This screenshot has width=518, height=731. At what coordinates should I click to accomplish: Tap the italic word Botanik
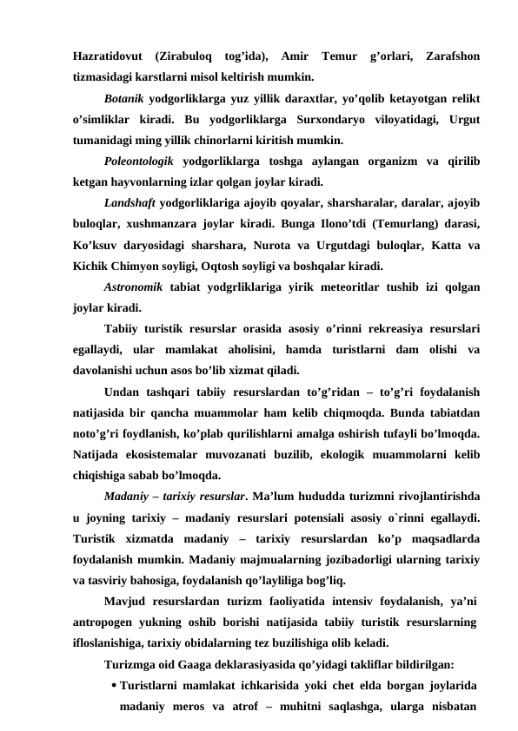(x=123, y=97)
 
